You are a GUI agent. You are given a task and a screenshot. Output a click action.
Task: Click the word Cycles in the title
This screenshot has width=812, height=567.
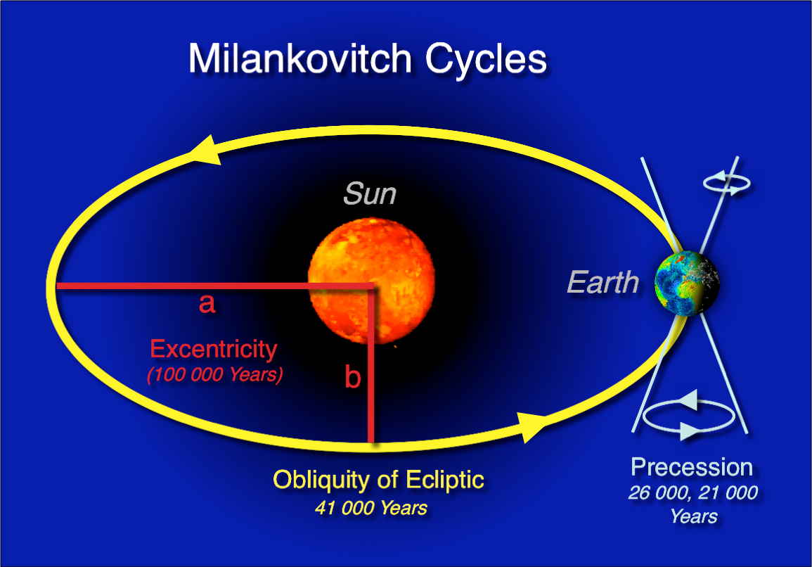click(484, 60)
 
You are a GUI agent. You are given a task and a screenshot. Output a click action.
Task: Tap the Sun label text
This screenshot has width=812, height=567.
click(369, 193)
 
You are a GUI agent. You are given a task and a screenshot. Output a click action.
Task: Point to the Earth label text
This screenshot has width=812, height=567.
click(603, 283)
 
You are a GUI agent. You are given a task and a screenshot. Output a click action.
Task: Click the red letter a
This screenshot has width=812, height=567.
click(207, 303)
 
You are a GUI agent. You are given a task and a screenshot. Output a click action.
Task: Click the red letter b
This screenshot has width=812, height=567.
click(352, 378)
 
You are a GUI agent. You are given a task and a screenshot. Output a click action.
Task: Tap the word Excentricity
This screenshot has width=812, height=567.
click(214, 349)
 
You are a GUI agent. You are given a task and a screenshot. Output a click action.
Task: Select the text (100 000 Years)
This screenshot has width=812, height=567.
click(214, 375)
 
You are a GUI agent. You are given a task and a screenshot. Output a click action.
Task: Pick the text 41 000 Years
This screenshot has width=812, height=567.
click(370, 508)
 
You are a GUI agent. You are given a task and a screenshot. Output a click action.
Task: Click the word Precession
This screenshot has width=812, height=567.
click(692, 467)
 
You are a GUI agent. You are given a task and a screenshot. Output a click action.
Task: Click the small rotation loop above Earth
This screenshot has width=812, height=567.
click(727, 184)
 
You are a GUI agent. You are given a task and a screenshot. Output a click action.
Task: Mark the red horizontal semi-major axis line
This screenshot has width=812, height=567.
click(176, 286)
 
